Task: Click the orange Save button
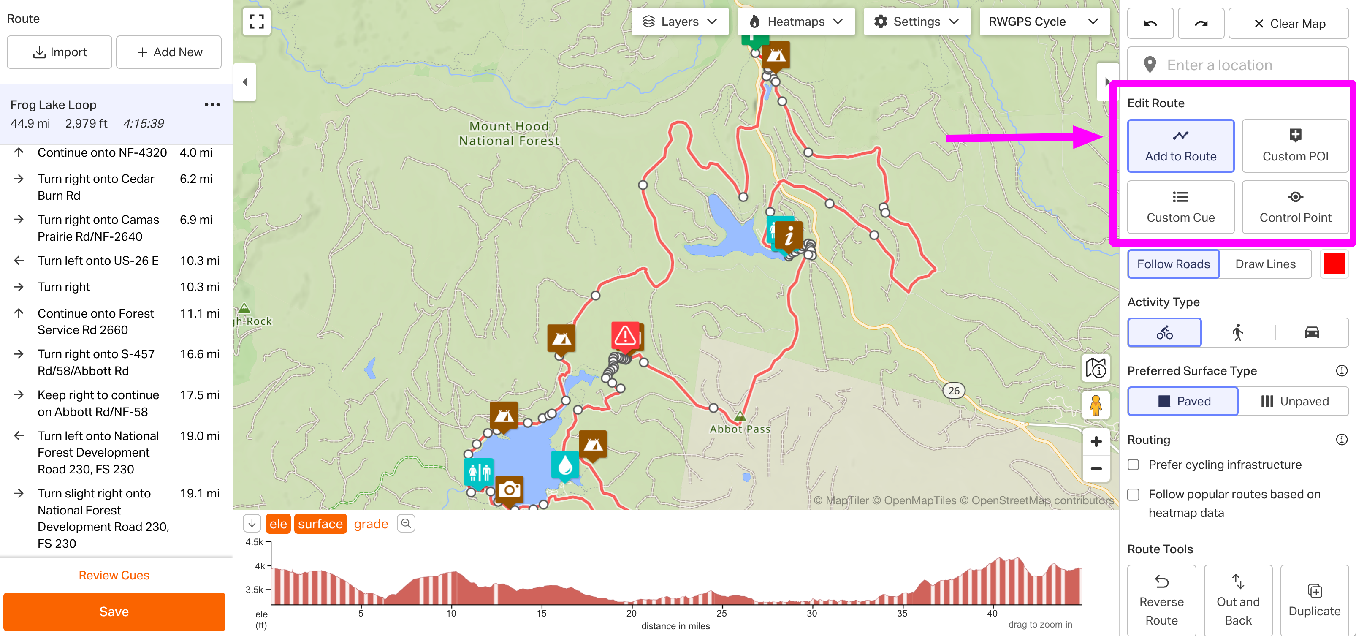pyautogui.click(x=114, y=611)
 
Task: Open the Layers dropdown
pyautogui.click(x=679, y=22)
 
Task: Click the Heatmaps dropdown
pyautogui.click(x=795, y=22)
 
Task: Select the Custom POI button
pyautogui.click(x=1294, y=146)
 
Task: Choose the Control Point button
pyautogui.click(x=1294, y=207)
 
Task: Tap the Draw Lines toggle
pyautogui.click(x=1265, y=264)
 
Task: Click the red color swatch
pyautogui.click(x=1334, y=264)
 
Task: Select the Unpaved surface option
pyautogui.click(x=1294, y=401)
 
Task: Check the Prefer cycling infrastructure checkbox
pyautogui.click(x=1134, y=465)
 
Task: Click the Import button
pyautogui.click(x=60, y=52)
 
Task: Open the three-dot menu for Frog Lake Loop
pyautogui.click(x=212, y=105)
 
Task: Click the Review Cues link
pyautogui.click(x=114, y=575)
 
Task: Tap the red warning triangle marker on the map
pyautogui.click(x=625, y=335)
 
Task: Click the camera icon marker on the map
pyautogui.click(x=509, y=489)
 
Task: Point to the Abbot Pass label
pyautogui.click(x=740, y=429)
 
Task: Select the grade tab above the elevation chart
pyautogui.click(x=371, y=524)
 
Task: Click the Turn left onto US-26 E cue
pyautogui.click(x=98, y=261)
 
